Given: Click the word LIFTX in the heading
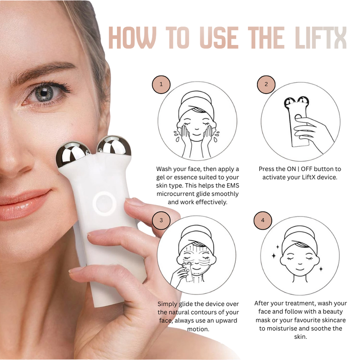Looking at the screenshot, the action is click(320, 37).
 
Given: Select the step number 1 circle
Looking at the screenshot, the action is click(161, 84).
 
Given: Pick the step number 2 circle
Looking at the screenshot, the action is click(266, 84).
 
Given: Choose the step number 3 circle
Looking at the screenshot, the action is click(161, 220).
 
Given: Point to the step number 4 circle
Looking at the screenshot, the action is click(263, 220).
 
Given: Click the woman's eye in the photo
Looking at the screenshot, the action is click(45, 94).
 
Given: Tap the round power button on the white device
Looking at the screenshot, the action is click(104, 203).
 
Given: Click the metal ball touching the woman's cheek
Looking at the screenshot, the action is click(72, 153).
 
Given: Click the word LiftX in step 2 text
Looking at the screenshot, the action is click(308, 177).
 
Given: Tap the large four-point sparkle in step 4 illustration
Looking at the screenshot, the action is click(274, 256).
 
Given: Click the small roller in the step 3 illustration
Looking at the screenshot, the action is click(187, 272).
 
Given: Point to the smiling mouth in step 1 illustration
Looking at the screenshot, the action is click(196, 134).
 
